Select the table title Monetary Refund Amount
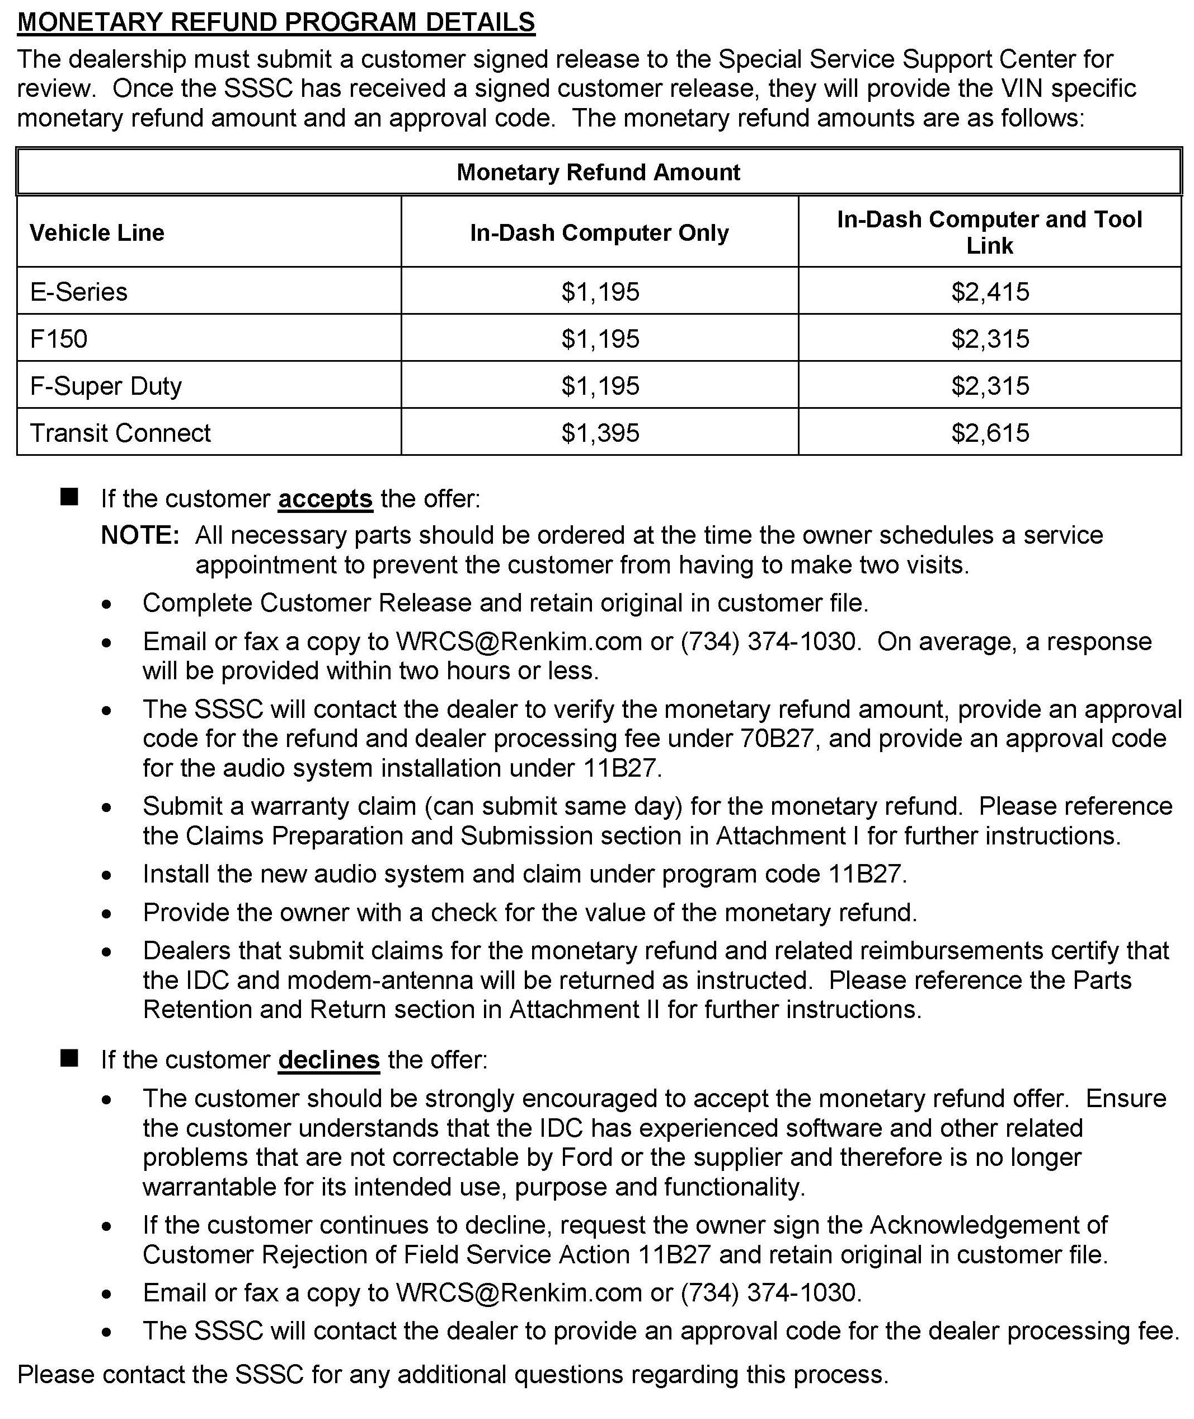coord(598,172)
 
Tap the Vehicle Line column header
coord(97,232)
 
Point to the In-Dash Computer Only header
coord(599,232)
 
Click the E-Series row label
coord(78,291)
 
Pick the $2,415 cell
coord(990,291)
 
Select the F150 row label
coord(59,338)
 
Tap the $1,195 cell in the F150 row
coord(600,338)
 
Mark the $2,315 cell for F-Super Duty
coord(990,385)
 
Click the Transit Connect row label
coord(120,432)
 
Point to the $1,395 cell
coord(600,432)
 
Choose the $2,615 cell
coord(990,432)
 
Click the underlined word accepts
coord(325,498)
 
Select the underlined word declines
coord(329,1059)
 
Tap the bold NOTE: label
coord(140,535)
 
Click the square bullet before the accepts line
coord(69,497)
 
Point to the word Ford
coord(586,1157)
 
